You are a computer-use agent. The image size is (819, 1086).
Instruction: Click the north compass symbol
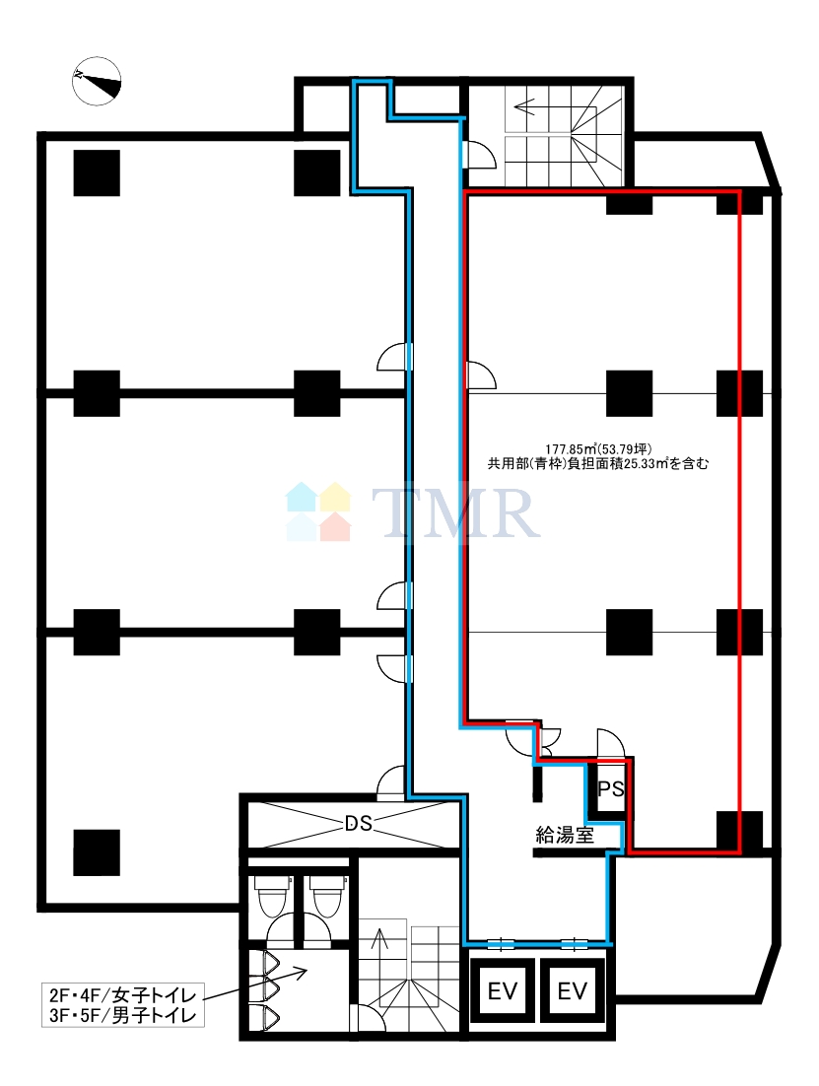[x=97, y=81]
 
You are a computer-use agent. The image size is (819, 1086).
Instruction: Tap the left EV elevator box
[x=503, y=991]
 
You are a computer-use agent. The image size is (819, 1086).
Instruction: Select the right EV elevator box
[x=573, y=991]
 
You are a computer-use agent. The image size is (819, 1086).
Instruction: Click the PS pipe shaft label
[x=610, y=788]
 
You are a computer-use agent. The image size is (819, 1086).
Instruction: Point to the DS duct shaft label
[x=359, y=823]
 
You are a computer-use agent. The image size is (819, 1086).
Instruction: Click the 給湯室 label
[x=565, y=835]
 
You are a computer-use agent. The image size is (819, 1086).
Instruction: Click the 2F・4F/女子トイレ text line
[x=122, y=996]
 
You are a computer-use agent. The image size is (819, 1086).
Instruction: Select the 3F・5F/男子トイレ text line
[x=122, y=1016]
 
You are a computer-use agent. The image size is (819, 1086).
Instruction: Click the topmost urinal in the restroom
[x=269, y=964]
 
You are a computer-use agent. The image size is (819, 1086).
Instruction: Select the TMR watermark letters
[x=456, y=512]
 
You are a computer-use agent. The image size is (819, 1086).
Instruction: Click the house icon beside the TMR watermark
[x=319, y=511]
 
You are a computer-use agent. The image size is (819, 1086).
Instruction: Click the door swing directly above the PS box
[x=610, y=742]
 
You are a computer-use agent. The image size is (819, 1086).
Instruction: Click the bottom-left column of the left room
[x=97, y=852]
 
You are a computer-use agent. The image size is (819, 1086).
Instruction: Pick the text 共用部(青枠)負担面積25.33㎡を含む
[x=598, y=464]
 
